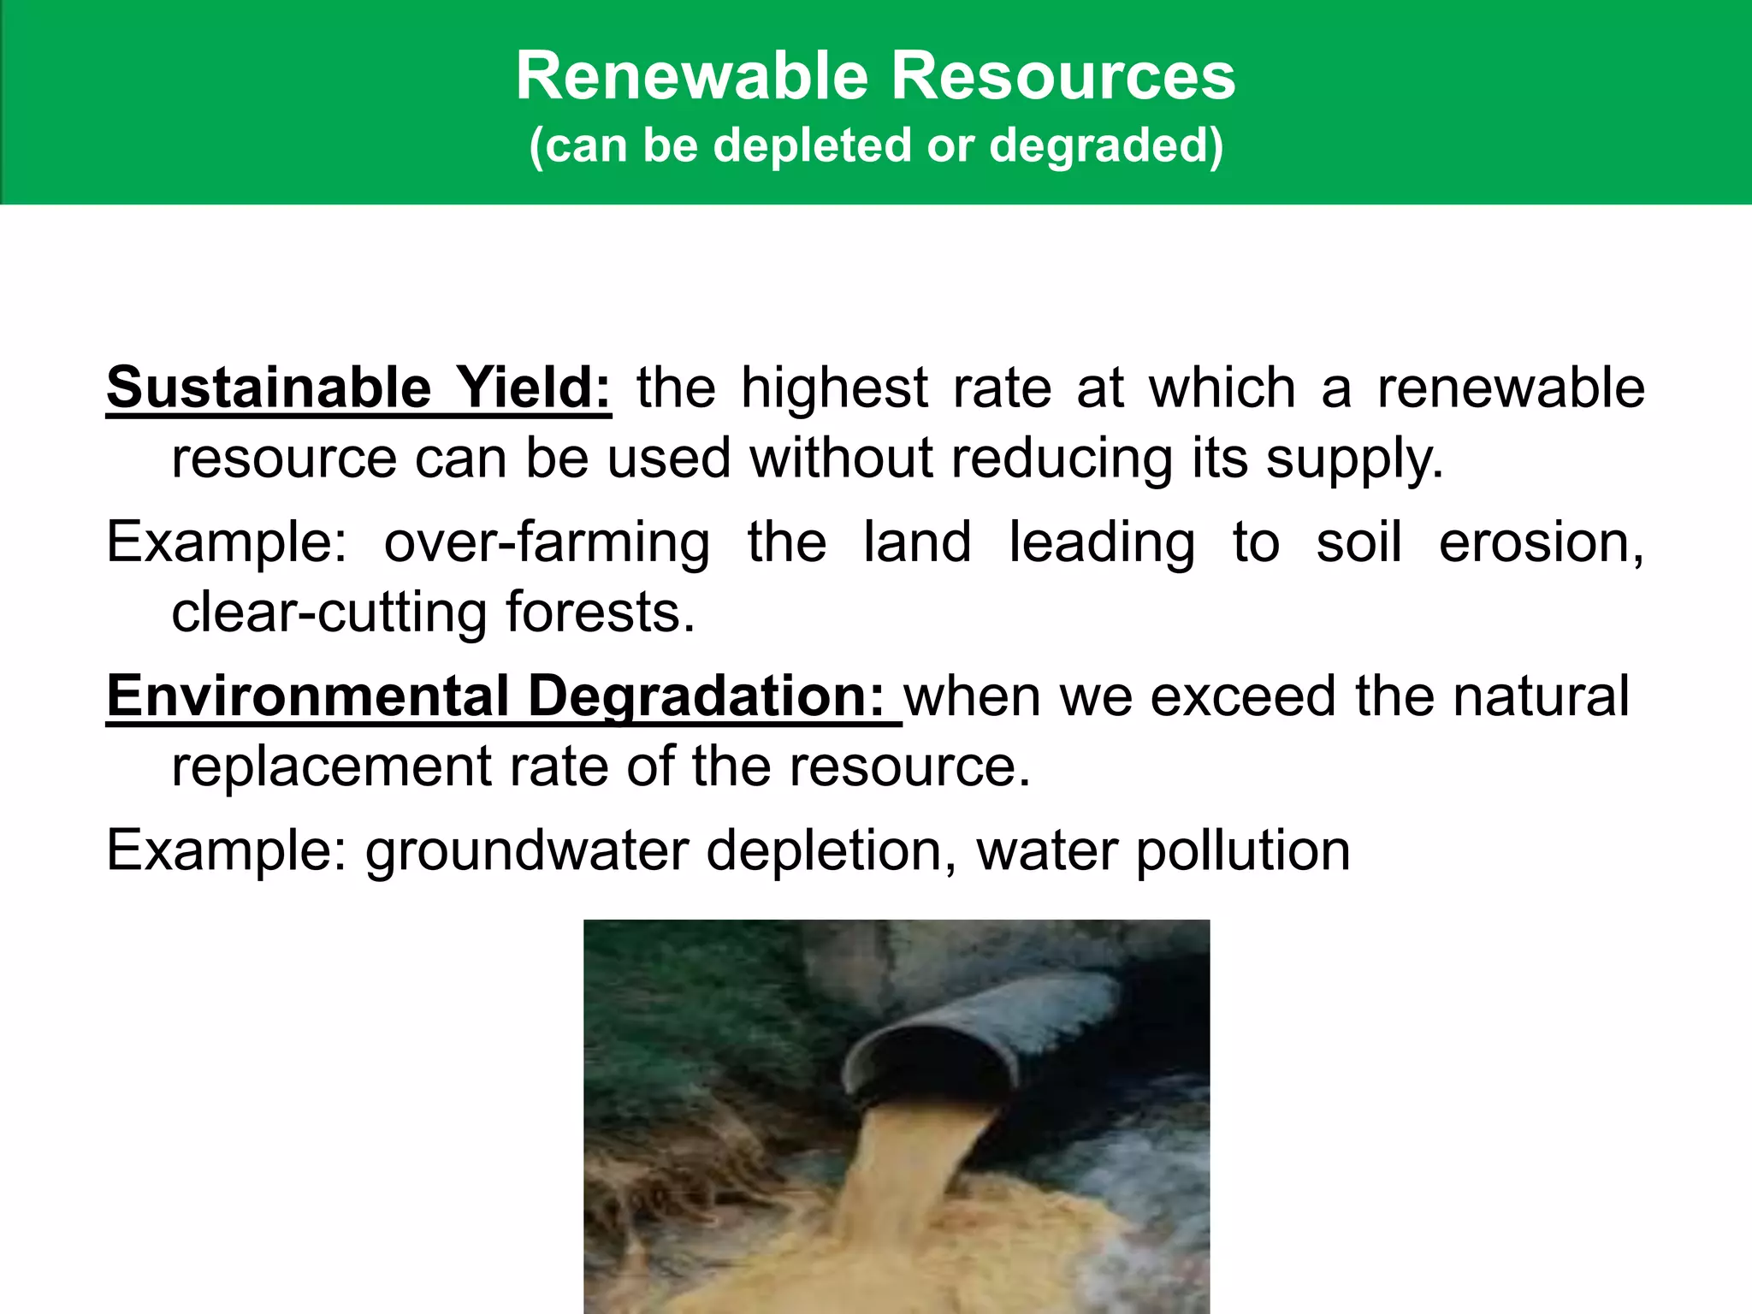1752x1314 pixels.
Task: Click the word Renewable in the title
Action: [x=693, y=77]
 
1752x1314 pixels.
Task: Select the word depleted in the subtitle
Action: [x=809, y=145]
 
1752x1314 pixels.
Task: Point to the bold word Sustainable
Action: [x=269, y=388]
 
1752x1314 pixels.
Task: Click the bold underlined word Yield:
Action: [x=532, y=388]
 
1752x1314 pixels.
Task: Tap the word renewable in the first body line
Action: [x=1511, y=388]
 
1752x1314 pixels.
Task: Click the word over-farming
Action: [x=547, y=544]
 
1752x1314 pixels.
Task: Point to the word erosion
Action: [x=1540, y=542]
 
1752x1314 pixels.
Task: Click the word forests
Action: [x=598, y=613]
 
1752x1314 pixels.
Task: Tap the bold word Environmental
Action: [x=308, y=696]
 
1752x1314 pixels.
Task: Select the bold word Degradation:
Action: [x=707, y=698]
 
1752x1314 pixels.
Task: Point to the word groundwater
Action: [x=527, y=852]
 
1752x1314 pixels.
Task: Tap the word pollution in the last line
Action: [x=1243, y=852]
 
